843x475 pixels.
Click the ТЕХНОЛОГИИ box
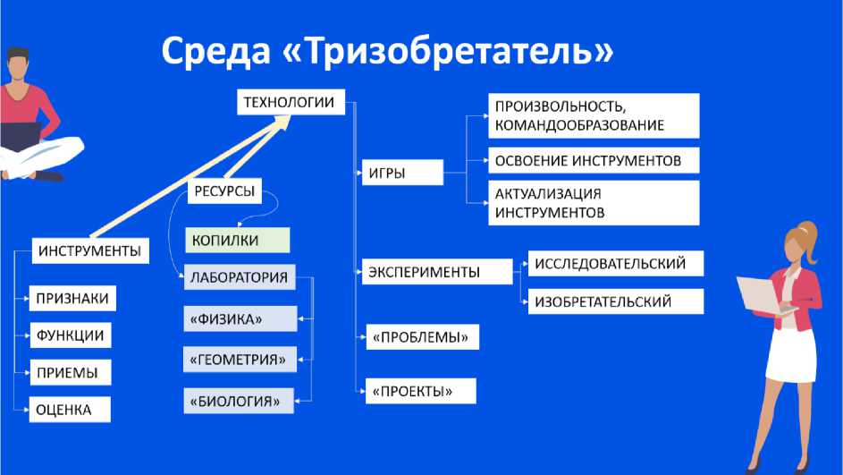click(291, 102)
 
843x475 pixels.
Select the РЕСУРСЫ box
click(224, 191)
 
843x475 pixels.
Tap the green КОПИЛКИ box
click(238, 240)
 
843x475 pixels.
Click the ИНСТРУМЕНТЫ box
click(90, 250)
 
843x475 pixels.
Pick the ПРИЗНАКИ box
click(72, 299)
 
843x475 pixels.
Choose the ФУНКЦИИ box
click(71, 335)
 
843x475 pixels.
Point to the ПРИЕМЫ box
click(71, 372)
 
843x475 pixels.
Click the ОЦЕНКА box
click(70, 410)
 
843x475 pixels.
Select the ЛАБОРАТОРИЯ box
click(240, 277)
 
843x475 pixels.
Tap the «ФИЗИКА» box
click(240, 318)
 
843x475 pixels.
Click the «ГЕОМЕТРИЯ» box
click(240, 360)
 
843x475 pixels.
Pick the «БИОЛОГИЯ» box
click(239, 401)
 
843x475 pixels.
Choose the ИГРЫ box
click(402, 172)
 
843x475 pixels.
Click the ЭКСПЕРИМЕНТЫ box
click(437, 272)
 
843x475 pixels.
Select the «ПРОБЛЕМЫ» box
click(423, 336)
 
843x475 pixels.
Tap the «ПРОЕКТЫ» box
click(421, 391)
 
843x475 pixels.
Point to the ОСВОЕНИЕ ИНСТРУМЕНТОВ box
click(594, 160)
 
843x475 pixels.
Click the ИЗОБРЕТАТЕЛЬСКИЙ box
click(616, 301)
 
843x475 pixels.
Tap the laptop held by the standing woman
click(764, 295)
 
